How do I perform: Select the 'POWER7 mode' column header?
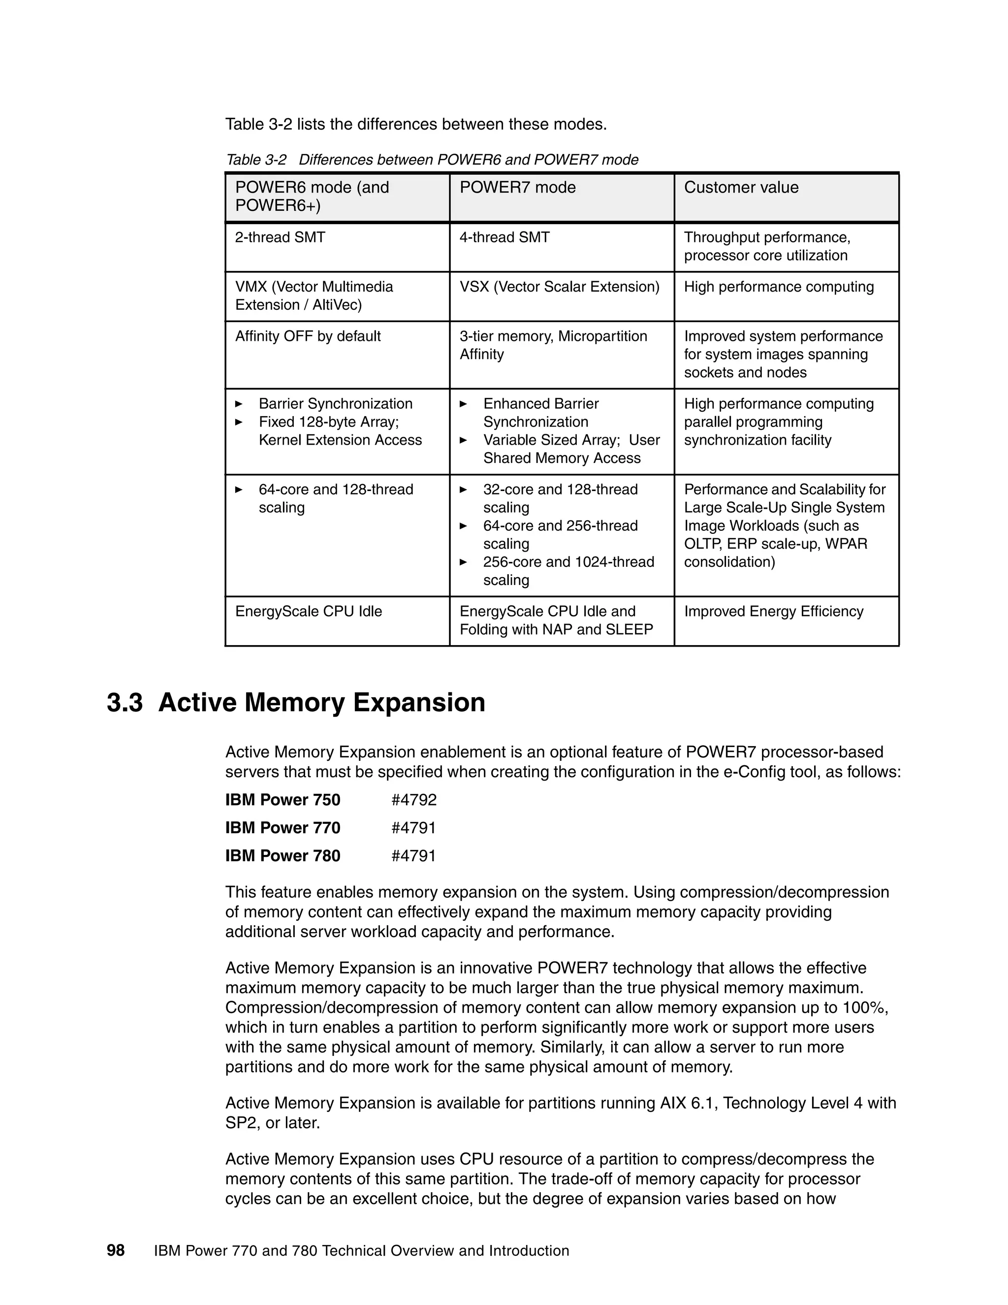tap(517, 188)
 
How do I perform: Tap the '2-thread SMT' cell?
tap(280, 238)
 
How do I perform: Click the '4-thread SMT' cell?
tap(504, 238)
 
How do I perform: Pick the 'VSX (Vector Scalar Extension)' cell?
tap(559, 287)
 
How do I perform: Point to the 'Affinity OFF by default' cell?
tap(308, 336)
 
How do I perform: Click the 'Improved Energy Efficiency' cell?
tap(773, 611)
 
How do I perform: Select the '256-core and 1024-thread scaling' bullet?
tap(568, 571)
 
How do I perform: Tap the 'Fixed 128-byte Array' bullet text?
tap(328, 422)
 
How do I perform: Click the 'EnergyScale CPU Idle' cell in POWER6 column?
tap(308, 611)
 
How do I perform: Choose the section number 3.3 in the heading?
tap(125, 703)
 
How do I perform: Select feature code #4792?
tap(414, 800)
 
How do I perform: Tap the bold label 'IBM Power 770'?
tap(283, 828)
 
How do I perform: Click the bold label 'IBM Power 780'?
tap(283, 856)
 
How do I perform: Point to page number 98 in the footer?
tap(115, 1251)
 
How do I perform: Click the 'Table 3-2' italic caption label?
tap(255, 160)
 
